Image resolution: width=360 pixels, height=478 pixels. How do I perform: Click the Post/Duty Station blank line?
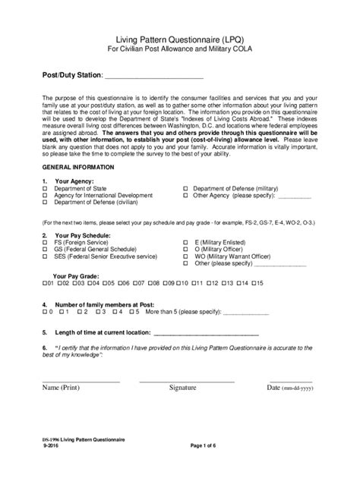[x=153, y=76]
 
